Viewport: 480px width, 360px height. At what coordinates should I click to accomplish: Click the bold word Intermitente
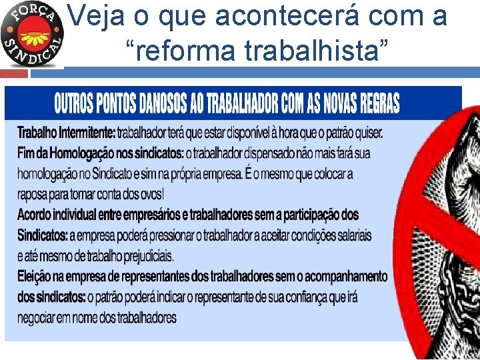[x=87, y=133]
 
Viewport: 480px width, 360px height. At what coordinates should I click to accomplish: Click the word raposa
[x=33, y=195]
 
